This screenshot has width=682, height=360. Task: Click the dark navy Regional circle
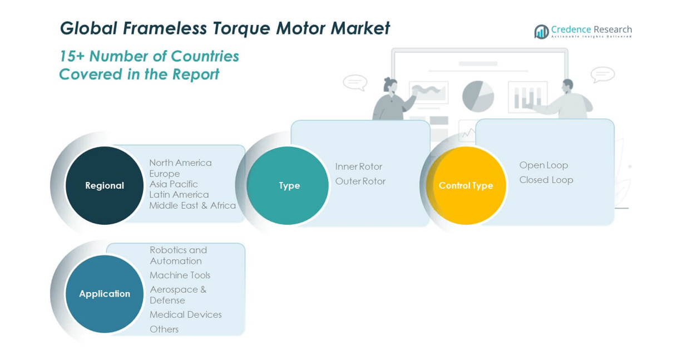point(105,185)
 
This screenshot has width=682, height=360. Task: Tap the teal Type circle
point(288,185)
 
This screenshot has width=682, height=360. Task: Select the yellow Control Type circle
point(466,185)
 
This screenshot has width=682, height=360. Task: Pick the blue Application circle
point(105,294)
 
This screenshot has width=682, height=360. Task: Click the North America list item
point(180,162)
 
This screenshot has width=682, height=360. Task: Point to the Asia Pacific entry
point(174,184)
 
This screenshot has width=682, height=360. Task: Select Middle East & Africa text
point(192,205)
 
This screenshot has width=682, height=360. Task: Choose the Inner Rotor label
point(359,166)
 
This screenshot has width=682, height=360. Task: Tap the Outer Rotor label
point(360,181)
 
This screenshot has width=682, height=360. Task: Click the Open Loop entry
point(543,165)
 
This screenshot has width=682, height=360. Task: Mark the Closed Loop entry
point(546,180)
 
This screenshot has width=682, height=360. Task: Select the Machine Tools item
point(180,275)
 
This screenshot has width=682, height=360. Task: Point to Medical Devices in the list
point(185,314)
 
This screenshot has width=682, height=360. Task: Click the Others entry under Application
point(164,329)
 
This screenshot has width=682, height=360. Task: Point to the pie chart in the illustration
point(478,96)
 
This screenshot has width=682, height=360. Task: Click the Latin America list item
point(179,194)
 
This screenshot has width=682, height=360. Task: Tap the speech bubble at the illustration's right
point(602,74)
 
